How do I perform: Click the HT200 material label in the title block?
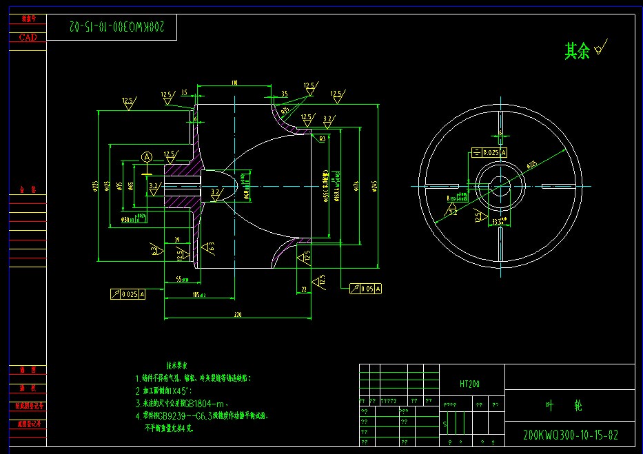click(469, 384)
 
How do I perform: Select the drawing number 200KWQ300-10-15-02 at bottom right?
click(571, 435)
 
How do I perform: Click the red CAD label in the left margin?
click(28, 38)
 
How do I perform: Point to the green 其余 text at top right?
click(577, 51)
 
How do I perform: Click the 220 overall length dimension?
click(238, 314)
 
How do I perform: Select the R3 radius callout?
click(322, 138)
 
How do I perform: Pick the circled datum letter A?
click(147, 157)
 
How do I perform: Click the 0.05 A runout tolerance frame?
click(365, 289)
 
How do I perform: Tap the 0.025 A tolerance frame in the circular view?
click(489, 152)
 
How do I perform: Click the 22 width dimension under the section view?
click(304, 290)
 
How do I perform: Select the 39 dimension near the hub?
click(177, 239)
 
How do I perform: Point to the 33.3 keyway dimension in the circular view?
click(498, 220)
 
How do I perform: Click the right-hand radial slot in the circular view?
click(558, 186)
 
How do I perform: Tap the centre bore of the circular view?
click(501, 186)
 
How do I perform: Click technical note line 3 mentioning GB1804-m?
click(190, 404)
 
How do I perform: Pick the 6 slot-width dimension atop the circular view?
click(501, 134)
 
